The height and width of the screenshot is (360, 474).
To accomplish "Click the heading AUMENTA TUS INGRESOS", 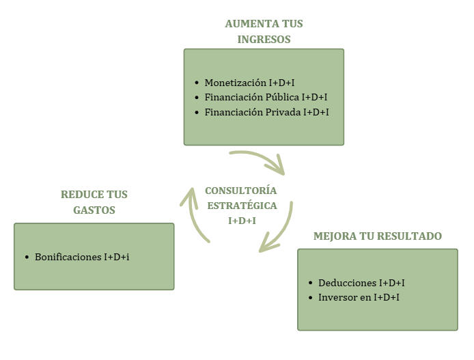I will [x=264, y=31].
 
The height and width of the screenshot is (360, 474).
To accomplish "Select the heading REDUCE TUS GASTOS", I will [x=94, y=202].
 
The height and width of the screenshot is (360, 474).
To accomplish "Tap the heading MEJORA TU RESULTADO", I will [x=377, y=236].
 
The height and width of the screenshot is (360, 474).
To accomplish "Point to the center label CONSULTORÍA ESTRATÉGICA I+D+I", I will [x=241, y=205].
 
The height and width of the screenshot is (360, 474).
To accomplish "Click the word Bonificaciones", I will [x=68, y=257].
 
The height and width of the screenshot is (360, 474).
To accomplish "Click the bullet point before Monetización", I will [x=196, y=83].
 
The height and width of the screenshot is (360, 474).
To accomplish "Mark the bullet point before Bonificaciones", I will [x=27, y=258].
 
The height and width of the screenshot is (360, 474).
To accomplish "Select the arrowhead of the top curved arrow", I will [x=279, y=167].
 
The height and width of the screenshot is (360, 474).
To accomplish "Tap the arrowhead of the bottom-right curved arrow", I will [x=266, y=245].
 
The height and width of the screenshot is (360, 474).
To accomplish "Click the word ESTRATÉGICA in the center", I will [x=241, y=205].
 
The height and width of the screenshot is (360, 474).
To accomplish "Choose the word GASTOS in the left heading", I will [x=94, y=210].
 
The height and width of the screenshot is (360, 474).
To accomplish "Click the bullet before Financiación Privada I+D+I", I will [x=196, y=112].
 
